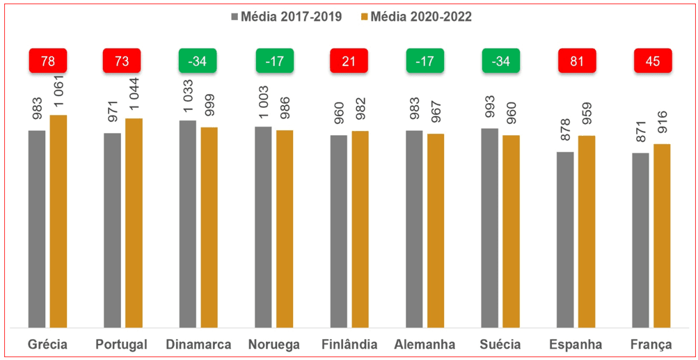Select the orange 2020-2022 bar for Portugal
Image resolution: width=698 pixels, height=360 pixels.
coord(134,223)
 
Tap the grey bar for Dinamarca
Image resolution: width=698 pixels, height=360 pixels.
coord(187,224)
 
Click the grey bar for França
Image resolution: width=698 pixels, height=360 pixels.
coord(640,240)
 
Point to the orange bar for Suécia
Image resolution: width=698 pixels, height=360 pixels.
coord(511,230)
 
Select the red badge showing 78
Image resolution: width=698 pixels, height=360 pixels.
coord(48,61)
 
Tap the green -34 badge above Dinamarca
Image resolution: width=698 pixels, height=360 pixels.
coord(198,61)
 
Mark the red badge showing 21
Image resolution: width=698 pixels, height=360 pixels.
coord(349,61)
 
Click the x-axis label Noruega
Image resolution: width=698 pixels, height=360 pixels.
coord(273,345)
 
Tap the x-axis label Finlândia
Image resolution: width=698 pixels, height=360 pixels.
coord(349,345)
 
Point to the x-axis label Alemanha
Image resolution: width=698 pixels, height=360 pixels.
coord(425,345)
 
